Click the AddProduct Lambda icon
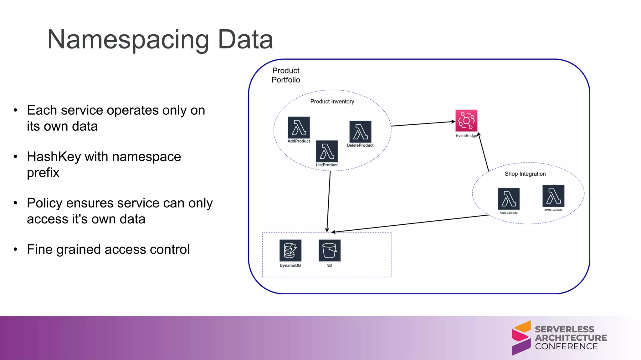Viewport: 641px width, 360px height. point(299,127)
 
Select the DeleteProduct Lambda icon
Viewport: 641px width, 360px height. point(360,132)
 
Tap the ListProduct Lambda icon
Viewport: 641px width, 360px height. point(327,151)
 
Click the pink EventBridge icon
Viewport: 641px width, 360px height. point(466,121)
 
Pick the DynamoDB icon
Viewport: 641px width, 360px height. point(290,250)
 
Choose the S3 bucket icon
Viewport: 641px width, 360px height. point(329,250)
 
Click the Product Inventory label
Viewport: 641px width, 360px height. point(332,102)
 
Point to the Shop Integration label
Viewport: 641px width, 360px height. point(525,174)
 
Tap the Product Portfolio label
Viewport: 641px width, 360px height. point(286,75)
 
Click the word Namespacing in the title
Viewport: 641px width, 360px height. point(128,40)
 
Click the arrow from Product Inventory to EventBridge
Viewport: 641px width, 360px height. point(423,124)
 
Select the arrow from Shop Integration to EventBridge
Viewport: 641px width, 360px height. point(484,152)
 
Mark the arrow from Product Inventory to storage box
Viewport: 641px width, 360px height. point(329,202)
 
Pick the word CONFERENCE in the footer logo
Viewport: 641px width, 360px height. point(566,347)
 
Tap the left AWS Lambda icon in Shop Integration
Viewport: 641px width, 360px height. point(508,199)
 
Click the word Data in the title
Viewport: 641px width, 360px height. point(245,40)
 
